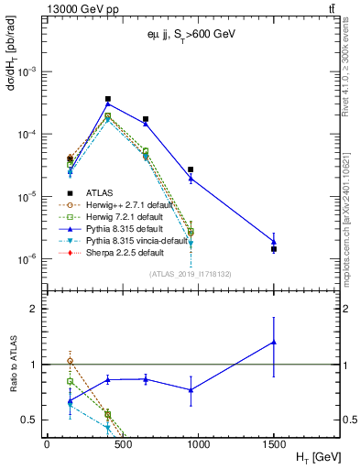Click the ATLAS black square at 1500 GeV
[274, 249]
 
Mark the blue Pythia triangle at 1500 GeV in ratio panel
[274, 342]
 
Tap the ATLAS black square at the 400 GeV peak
[107, 99]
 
